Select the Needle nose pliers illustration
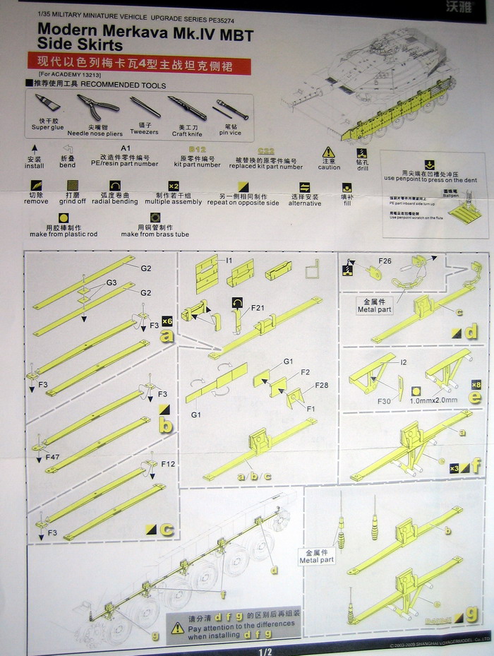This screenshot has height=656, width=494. (96, 107)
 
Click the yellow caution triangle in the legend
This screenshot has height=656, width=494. (328, 153)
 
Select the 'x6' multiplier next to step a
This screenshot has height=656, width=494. (167, 320)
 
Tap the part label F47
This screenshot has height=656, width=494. (52, 458)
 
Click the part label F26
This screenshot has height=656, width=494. (384, 261)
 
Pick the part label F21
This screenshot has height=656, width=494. (257, 308)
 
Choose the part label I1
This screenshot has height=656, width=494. (229, 261)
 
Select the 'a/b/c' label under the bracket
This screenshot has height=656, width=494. (251, 476)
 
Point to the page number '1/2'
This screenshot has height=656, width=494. (265, 650)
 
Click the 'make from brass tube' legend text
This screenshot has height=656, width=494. (155, 234)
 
